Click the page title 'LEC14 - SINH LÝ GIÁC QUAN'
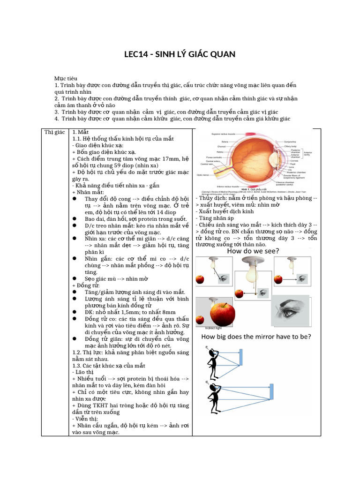pyautogui.click(x=180, y=54)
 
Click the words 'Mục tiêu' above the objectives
pyautogui.click(x=66, y=78)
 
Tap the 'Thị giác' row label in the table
pyautogui.click(x=54, y=133)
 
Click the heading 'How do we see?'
pyautogui.click(x=253, y=251)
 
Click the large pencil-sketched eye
pyautogui.click(x=292, y=310)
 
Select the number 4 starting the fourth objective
pyautogui.click(x=56, y=119)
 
